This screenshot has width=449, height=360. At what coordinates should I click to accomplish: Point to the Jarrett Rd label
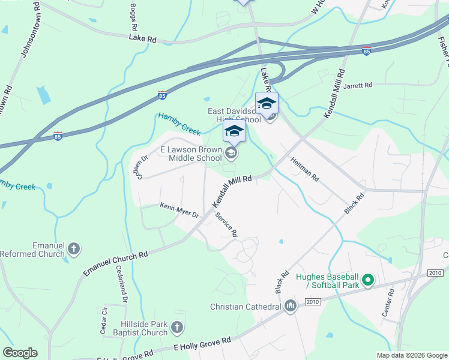(358, 85)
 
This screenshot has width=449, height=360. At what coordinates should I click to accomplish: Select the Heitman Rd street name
(304, 170)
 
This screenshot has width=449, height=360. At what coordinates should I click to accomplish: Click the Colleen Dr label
(141, 167)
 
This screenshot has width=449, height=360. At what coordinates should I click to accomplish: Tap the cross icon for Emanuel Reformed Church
(74, 248)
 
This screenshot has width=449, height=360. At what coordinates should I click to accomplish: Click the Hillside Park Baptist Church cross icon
(176, 327)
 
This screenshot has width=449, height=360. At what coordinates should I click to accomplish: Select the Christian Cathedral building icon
(291, 307)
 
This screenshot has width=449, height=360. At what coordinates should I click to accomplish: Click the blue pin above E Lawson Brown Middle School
(234, 133)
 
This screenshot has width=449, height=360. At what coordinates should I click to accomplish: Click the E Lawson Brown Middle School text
(190, 154)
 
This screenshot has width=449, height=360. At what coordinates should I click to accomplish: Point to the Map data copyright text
(411, 355)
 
